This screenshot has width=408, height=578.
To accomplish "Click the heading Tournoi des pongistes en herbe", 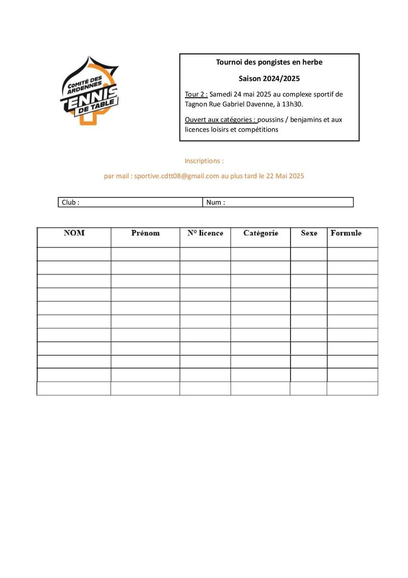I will pyautogui.click(x=269, y=62).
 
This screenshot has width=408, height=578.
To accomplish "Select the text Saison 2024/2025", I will pyautogui.click(x=269, y=78).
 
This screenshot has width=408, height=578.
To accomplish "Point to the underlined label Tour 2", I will pyautogui.click(x=196, y=94).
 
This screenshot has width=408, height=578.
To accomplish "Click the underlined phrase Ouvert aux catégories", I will pyautogui.click(x=220, y=120).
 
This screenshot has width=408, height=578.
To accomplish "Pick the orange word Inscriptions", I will pyautogui.click(x=204, y=161).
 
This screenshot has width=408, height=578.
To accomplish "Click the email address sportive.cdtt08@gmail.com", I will pyautogui.click(x=177, y=176).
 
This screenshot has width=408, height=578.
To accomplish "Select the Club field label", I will pyautogui.click(x=70, y=203).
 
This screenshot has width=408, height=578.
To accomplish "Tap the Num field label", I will pyautogui.click(x=215, y=203).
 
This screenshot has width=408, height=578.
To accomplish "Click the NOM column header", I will pyautogui.click(x=74, y=233).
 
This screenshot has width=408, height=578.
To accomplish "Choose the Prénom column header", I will pyautogui.click(x=145, y=233).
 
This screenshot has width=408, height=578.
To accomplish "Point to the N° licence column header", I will pyautogui.click(x=205, y=233).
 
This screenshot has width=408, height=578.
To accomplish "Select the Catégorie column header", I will pyautogui.click(x=261, y=233).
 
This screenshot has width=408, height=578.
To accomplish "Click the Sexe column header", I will pyautogui.click(x=309, y=233).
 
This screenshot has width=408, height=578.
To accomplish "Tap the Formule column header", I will pyautogui.click(x=346, y=233).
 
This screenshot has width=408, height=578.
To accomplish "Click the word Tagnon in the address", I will pyautogui.click(x=197, y=104).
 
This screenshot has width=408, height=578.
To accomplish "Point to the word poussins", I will pyautogui.click(x=272, y=120).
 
